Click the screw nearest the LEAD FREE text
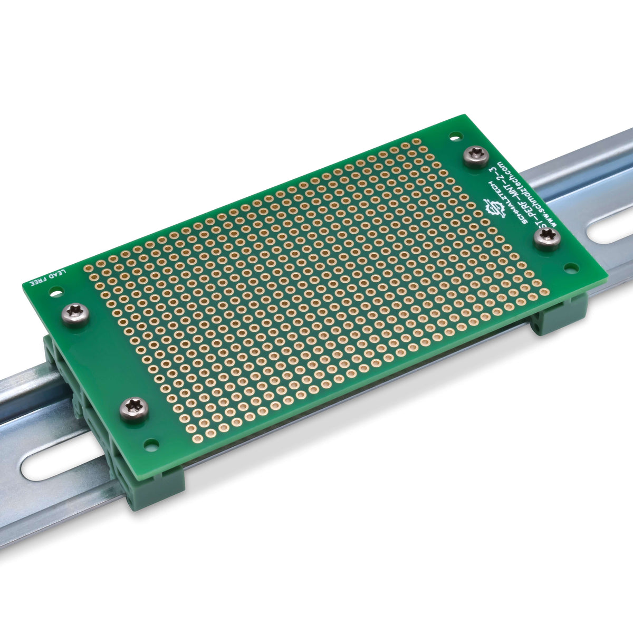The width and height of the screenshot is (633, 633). [76, 315]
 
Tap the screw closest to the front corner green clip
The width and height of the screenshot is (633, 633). [133, 409]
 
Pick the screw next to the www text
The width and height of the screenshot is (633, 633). [547, 238]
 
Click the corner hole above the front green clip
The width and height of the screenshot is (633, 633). [151, 446]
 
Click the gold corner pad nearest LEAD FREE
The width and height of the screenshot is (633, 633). [89, 268]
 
